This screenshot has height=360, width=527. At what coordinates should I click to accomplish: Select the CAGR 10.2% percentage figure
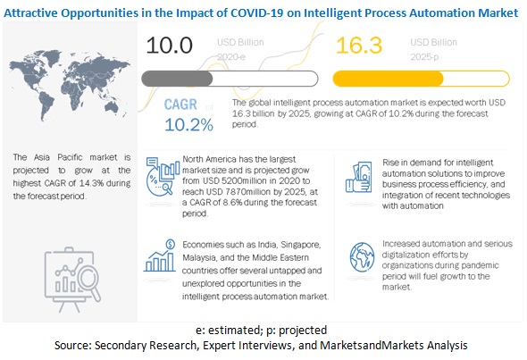tap(188, 123)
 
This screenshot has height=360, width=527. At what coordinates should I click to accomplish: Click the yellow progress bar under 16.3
tap(393, 77)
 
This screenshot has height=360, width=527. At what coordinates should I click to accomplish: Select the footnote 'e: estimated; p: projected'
tap(263, 329)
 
